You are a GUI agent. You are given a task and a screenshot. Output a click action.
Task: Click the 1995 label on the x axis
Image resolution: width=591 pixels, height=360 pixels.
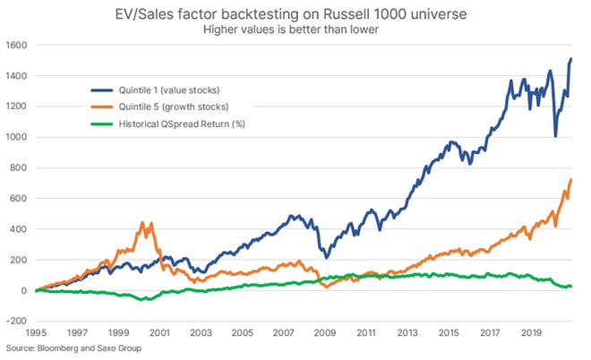coord(35,332)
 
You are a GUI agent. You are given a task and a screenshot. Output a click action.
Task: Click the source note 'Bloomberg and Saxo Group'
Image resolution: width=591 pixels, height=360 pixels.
coord(72,347)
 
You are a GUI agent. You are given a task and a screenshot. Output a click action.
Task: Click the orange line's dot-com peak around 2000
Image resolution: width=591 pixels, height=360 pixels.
coord(143,222)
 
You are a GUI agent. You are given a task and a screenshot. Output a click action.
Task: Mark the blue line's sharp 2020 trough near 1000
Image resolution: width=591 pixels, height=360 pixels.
coord(555,136)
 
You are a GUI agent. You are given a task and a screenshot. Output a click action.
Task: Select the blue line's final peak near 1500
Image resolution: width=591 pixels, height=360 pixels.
coord(571,58)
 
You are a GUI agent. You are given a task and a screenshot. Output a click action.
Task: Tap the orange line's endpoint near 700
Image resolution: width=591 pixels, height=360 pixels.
coord(571,180)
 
